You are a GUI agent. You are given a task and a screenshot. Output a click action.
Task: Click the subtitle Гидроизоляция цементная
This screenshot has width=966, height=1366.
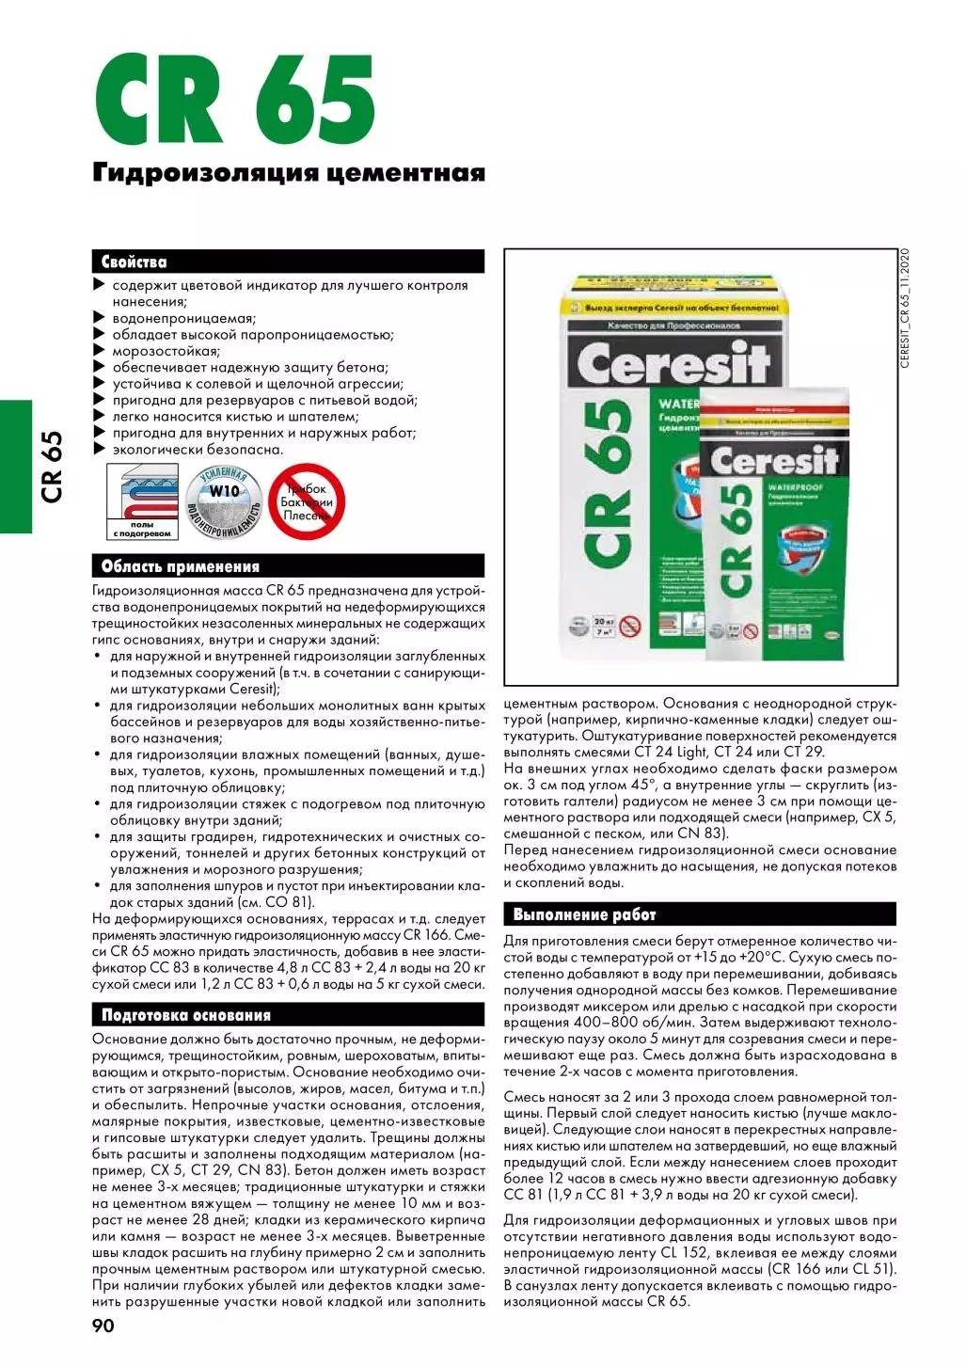pos(289,173)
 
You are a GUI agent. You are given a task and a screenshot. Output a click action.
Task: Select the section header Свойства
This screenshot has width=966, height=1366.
pos(135,262)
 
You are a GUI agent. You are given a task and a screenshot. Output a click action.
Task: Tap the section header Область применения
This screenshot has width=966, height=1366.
pos(180,566)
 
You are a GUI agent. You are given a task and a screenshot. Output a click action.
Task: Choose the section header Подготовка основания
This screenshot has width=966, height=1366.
pos(185,1015)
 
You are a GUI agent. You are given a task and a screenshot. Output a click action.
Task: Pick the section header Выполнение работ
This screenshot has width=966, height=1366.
pos(584,914)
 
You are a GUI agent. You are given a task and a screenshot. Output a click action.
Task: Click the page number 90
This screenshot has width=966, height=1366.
pos(103,1326)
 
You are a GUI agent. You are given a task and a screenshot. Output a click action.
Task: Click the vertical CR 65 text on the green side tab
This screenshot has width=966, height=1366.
pos(52,467)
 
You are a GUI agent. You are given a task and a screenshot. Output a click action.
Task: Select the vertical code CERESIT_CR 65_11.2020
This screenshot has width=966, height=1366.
pos(905,309)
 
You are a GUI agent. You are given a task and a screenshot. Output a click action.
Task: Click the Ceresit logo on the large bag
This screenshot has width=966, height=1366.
pos(673,364)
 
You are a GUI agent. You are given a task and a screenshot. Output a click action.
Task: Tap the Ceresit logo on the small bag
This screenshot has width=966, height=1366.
pos(773,461)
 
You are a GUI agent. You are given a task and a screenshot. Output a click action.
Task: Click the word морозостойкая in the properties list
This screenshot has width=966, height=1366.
pos(166,351)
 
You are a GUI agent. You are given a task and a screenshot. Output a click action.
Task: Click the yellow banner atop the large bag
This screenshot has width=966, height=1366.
pos(681,308)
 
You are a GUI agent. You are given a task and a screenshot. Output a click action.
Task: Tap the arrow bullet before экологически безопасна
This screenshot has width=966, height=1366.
pos(99,449)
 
